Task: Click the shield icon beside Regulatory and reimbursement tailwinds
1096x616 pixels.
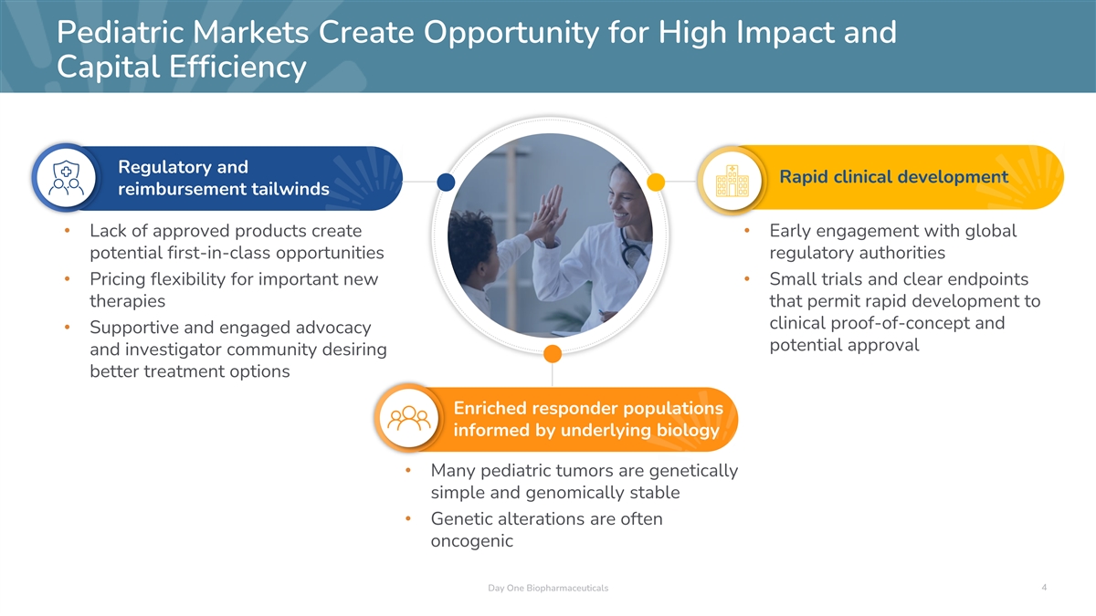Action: click(67, 178)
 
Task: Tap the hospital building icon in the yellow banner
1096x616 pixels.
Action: click(732, 181)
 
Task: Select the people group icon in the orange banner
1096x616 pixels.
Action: click(409, 419)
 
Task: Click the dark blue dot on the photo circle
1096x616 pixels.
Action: click(446, 182)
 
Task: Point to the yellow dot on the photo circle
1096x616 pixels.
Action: click(656, 182)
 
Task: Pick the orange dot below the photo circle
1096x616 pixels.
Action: click(553, 353)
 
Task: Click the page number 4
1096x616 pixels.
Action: click(1044, 587)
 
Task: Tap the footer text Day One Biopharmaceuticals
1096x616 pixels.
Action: click(548, 588)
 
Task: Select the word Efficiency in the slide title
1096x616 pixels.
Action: click(237, 67)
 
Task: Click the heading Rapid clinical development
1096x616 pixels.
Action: click(893, 176)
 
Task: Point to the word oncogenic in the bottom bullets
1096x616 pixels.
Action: click(471, 540)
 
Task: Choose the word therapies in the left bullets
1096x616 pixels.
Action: click(127, 300)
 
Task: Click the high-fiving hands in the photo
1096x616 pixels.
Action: click(551, 215)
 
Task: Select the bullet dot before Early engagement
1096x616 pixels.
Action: click(747, 230)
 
